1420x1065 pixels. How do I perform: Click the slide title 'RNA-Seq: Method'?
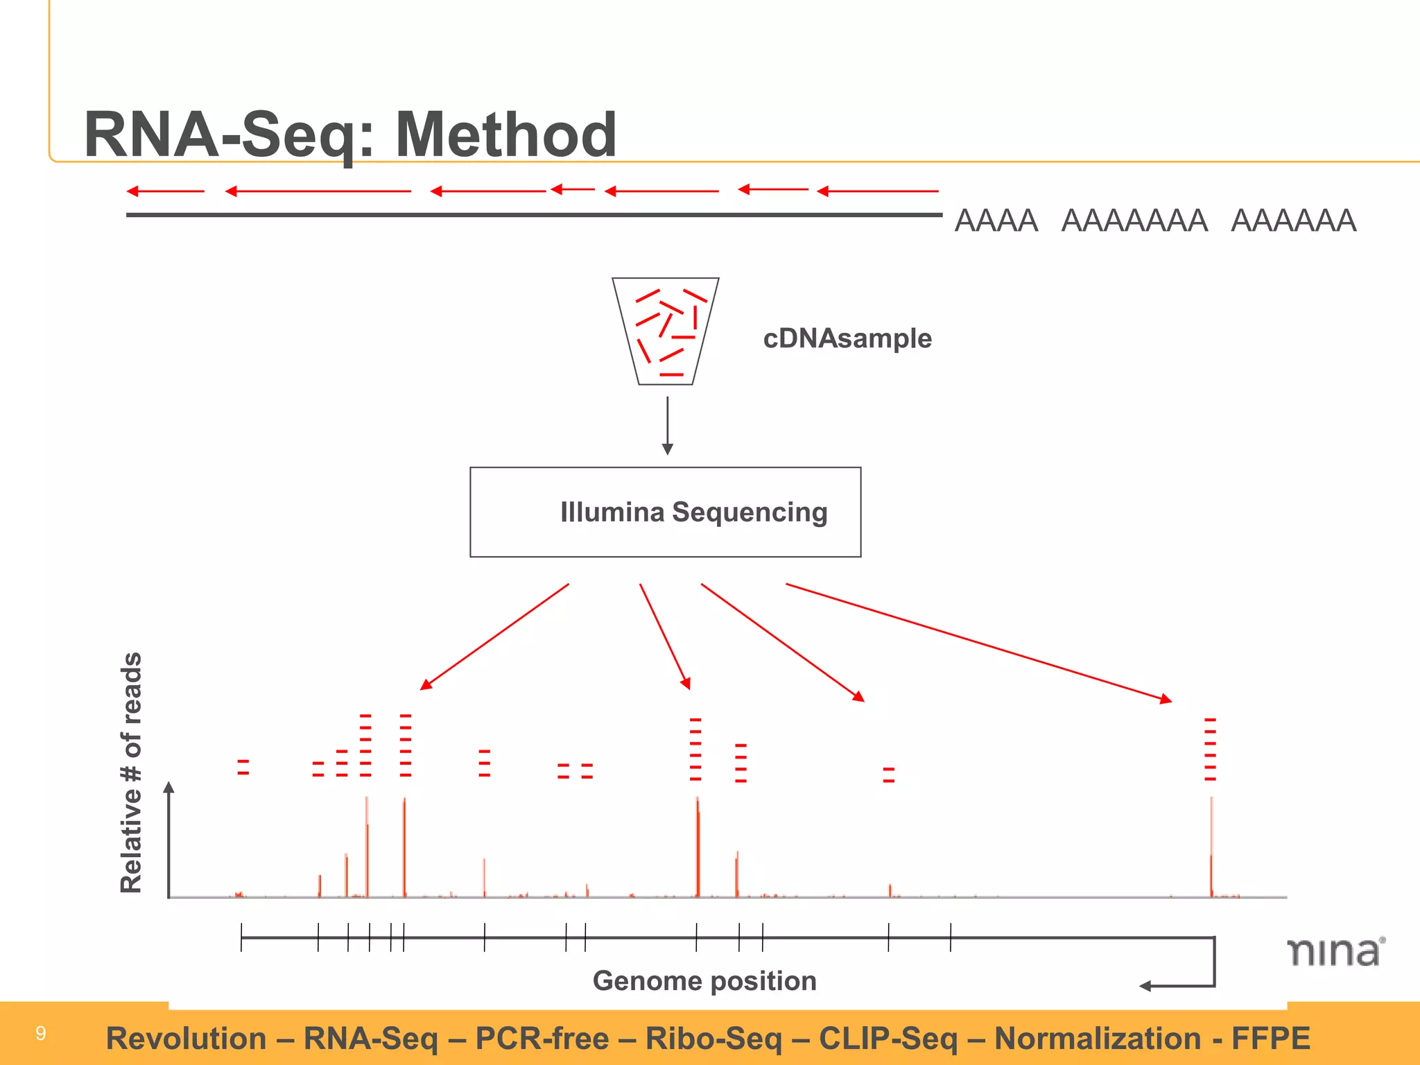[x=349, y=135]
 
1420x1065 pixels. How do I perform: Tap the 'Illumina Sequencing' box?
[x=665, y=512]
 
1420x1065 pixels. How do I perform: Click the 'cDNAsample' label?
[x=847, y=338]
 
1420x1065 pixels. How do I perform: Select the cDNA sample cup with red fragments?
[x=666, y=331]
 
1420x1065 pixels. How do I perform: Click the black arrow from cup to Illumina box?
[x=668, y=425]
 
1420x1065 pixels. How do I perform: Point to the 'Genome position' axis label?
[x=704, y=981]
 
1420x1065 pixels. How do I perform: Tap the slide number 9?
[x=41, y=1033]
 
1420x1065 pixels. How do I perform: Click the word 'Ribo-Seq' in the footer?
[x=713, y=1039]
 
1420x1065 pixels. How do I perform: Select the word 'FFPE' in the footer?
[x=1270, y=1039]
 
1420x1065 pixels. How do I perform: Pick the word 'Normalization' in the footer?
[x=1098, y=1039]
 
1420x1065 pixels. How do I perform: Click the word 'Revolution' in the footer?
[x=186, y=1039]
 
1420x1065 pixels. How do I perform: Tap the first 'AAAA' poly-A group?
[x=996, y=221]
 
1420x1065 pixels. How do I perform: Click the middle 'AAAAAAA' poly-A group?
[x=1134, y=221]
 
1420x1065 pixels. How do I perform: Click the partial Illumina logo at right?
[x=1335, y=952]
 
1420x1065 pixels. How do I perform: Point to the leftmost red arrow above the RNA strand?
[x=165, y=191]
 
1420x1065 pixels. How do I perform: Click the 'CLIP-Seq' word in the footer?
[x=888, y=1039]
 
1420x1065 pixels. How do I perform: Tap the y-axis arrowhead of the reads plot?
[x=168, y=787]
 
